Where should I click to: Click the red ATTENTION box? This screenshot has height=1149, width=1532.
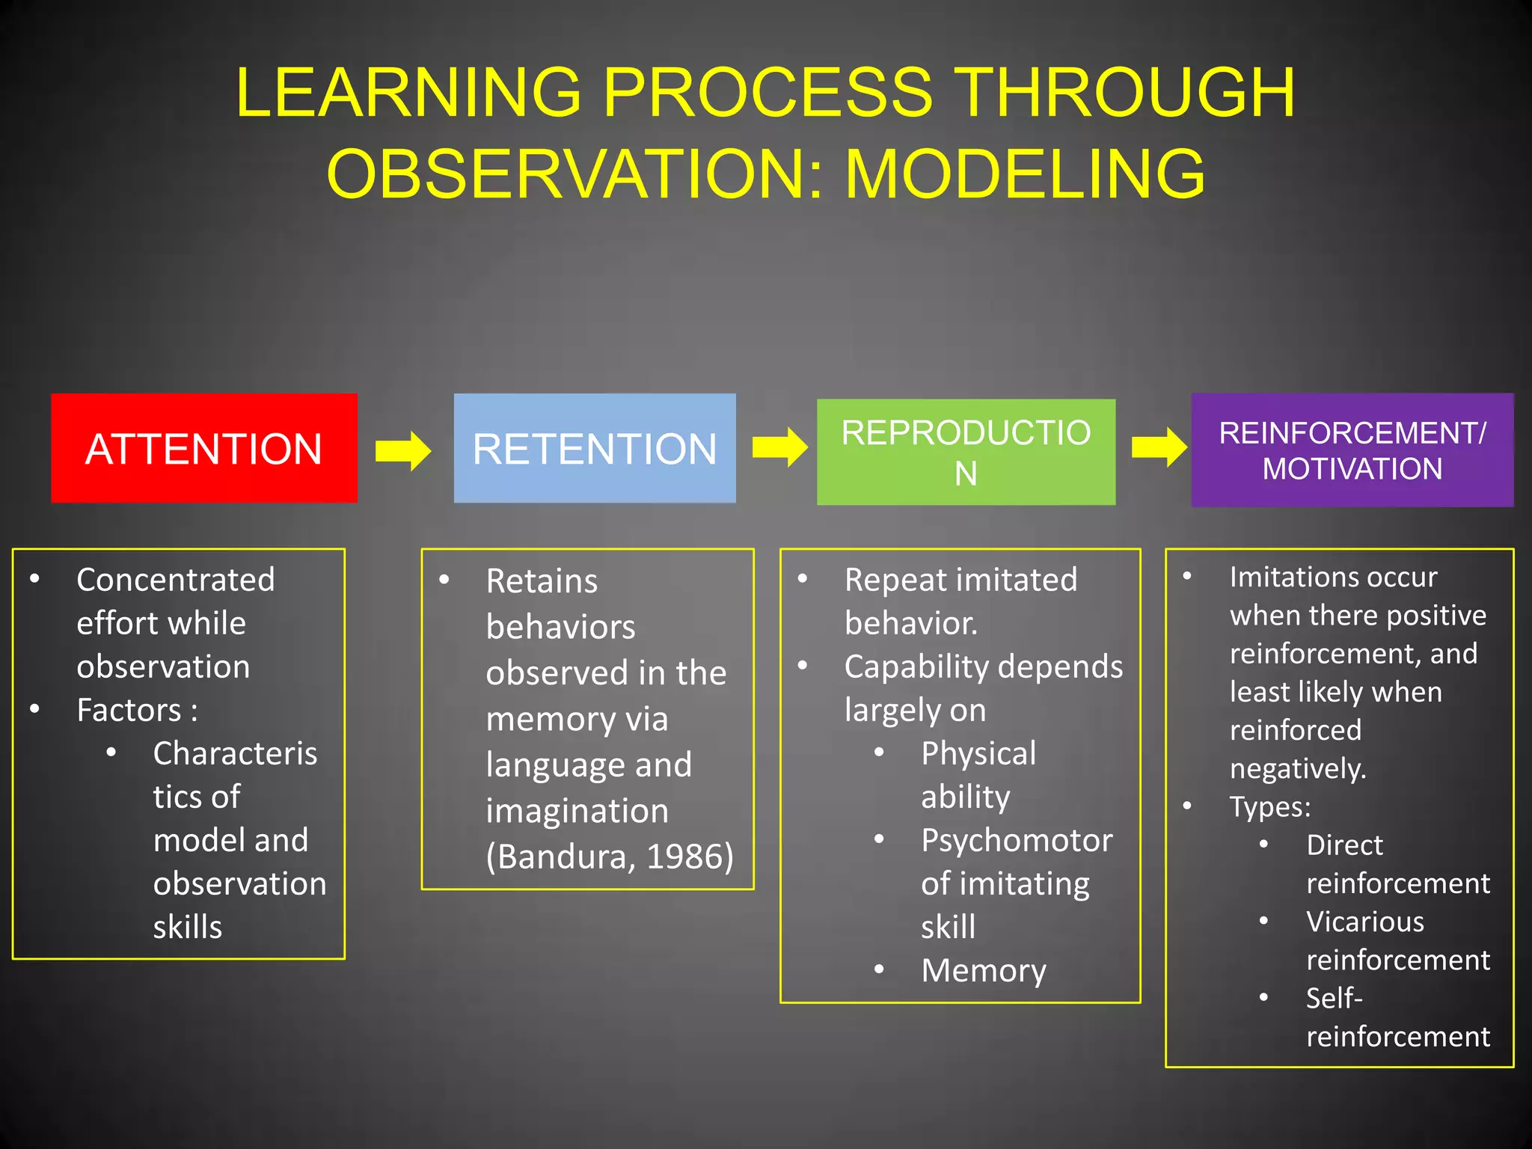203,448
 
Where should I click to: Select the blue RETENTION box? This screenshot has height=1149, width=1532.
595,448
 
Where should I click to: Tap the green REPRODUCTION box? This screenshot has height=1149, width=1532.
966,452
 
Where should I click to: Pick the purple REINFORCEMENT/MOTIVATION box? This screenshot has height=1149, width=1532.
1352,450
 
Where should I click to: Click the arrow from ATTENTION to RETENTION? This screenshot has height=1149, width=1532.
403,450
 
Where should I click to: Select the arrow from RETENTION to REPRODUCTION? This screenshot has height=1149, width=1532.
779,447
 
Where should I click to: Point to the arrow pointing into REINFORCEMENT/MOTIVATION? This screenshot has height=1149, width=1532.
1159,447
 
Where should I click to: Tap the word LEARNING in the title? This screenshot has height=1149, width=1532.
408,92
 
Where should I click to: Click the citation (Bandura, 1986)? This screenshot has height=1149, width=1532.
610,857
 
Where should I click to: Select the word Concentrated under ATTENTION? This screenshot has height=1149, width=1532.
176,580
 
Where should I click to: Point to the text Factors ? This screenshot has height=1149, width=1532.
137,710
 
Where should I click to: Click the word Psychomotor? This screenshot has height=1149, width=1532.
1017,841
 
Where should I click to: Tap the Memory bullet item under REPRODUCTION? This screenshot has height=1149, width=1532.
984,971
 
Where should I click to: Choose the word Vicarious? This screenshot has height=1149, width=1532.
1365,922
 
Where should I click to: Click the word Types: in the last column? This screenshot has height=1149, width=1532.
1270,807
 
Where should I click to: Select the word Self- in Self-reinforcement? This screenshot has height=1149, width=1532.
1335,998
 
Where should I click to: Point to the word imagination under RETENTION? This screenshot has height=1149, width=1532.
577,811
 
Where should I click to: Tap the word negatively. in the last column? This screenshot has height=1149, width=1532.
1298,769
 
